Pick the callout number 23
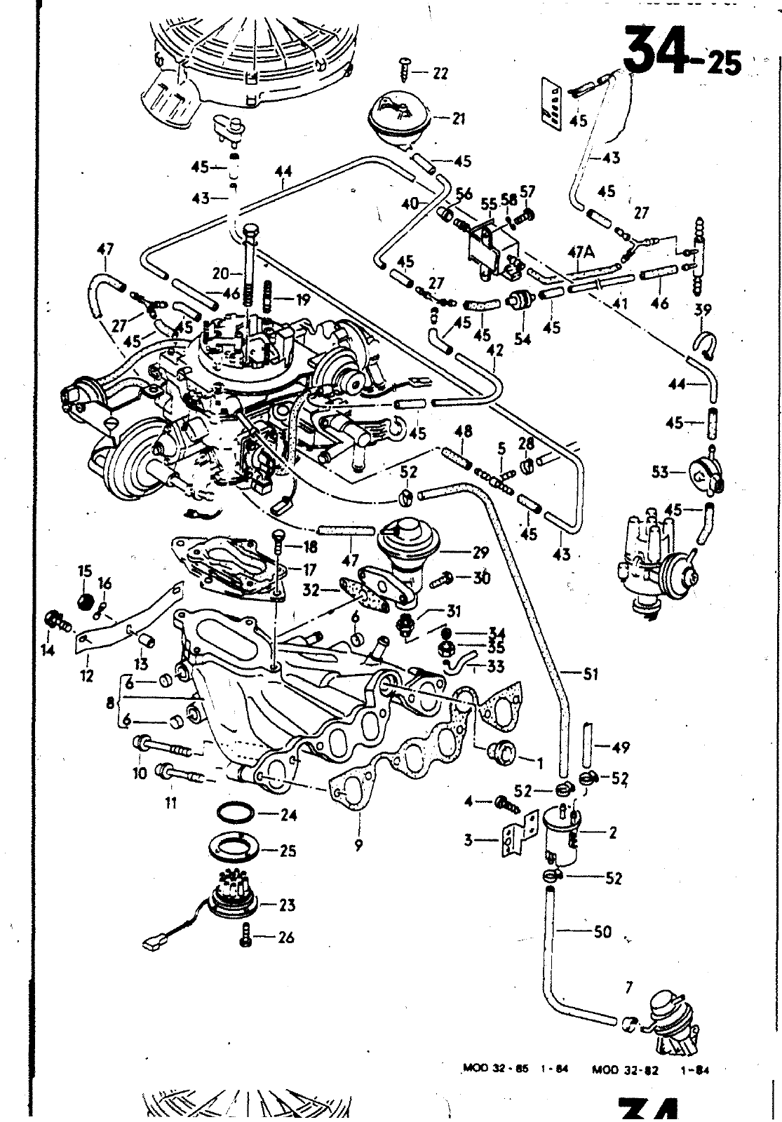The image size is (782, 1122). (x=287, y=905)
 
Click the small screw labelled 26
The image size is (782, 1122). (x=246, y=937)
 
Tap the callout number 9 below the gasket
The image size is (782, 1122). (x=358, y=846)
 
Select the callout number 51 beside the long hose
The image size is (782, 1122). (x=591, y=675)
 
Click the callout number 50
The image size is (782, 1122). (x=602, y=932)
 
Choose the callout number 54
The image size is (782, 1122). (x=523, y=339)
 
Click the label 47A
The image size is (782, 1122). (x=581, y=252)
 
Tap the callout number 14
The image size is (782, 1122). (x=48, y=651)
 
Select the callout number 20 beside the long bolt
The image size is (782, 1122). (x=221, y=273)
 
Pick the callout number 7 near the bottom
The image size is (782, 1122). (x=628, y=988)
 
